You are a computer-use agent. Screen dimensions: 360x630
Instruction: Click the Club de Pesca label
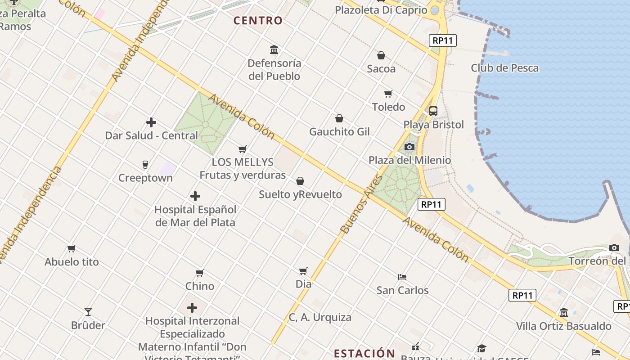tap(504, 68)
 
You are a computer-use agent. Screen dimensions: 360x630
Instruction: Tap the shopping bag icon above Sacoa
tap(381, 55)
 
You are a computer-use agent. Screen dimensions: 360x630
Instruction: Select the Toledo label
tap(388, 107)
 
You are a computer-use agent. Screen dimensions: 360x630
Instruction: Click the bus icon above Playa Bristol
tap(433, 111)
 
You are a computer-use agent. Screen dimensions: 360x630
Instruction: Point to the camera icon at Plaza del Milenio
tap(409, 147)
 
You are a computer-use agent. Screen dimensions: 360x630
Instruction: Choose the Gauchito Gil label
tap(339, 132)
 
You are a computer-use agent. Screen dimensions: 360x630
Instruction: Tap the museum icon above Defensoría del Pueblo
tap(274, 49)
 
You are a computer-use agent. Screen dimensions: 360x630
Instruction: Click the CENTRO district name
tap(258, 21)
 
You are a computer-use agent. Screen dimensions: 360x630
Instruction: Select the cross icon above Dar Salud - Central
tap(151, 122)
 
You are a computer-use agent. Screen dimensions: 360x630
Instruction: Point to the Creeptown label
tap(145, 178)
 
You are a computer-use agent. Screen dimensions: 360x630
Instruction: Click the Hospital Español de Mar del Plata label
tap(195, 216)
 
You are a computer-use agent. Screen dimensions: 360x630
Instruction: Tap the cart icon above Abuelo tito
tap(71, 248)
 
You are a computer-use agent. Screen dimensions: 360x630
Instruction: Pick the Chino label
tap(200, 286)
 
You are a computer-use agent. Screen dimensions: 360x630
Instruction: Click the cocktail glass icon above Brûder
tap(88, 311)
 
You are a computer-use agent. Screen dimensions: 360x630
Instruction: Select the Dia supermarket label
tap(303, 284)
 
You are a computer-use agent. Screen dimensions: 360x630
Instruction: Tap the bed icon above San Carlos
tap(402, 277)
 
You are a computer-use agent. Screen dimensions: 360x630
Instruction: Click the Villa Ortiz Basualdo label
tap(563, 326)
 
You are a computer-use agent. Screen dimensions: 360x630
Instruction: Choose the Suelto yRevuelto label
tap(300, 195)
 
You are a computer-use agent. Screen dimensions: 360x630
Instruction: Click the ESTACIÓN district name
tap(364, 353)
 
